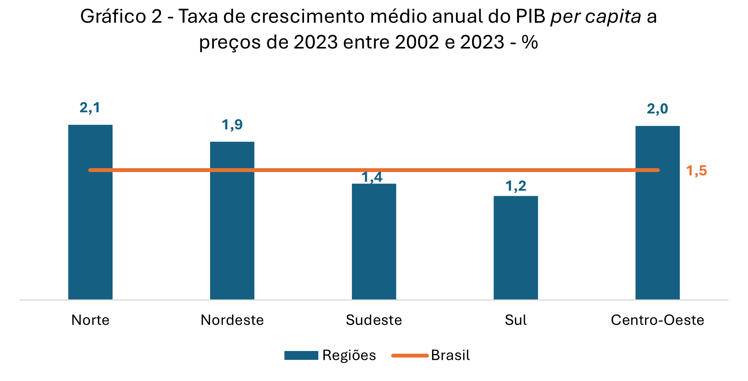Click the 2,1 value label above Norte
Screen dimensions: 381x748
(90, 108)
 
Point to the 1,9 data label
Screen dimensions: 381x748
(232, 125)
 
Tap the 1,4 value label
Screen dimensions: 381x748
(372, 177)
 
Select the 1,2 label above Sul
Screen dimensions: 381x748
(516, 186)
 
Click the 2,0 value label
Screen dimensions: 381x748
(657, 109)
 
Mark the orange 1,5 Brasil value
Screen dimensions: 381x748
(696, 170)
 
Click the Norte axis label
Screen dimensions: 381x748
(90, 320)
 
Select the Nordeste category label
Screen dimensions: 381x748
(232, 320)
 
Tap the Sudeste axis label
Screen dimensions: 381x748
(374, 320)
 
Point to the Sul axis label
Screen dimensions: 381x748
(516, 320)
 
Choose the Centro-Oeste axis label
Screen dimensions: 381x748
(657, 320)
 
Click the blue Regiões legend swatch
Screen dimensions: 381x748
(301, 355)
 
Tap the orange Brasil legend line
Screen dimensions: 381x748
(410, 355)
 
